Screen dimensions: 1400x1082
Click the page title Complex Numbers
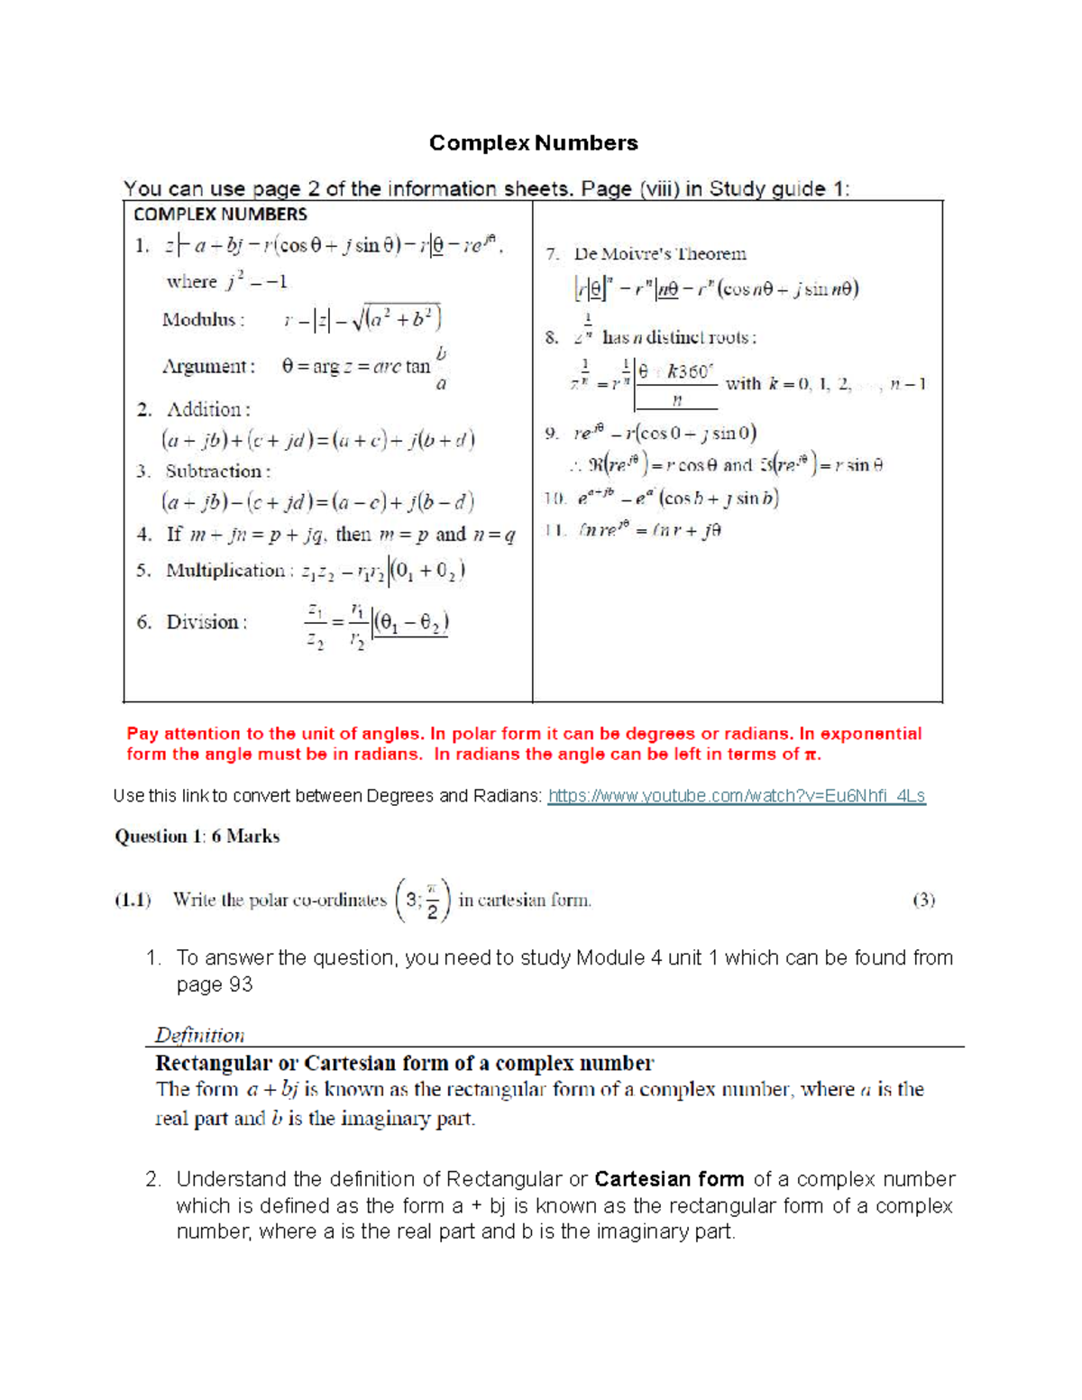tap(533, 143)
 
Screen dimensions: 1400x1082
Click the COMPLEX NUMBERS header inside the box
tap(220, 215)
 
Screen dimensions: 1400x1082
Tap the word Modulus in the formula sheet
tap(198, 320)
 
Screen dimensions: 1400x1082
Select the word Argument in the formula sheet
tap(206, 367)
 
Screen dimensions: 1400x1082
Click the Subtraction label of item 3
tap(215, 471)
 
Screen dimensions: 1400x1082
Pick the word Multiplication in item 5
tap(225, 571)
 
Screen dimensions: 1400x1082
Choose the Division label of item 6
tap(203, 622)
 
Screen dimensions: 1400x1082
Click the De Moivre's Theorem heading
tap(660, 254)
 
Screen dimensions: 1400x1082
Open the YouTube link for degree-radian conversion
tap(737, 796)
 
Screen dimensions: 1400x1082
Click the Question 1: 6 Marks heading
tap(197, 837)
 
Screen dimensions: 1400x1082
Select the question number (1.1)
tap(133, 900)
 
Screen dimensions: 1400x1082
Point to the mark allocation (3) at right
tap(923, 900)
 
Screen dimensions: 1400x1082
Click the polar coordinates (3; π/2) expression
tap(423, 900)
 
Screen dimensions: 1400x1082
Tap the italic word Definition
tap(199, 1035)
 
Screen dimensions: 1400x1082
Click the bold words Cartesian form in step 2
tap(669, 1179)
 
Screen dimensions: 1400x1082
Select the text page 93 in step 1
tap(215, 984)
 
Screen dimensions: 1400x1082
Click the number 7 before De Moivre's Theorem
tap(551, 254)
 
